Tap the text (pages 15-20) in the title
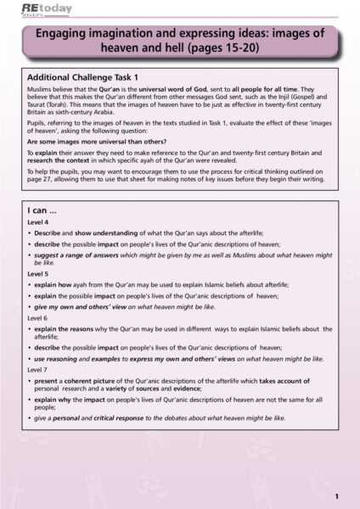[x=241, y=49]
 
